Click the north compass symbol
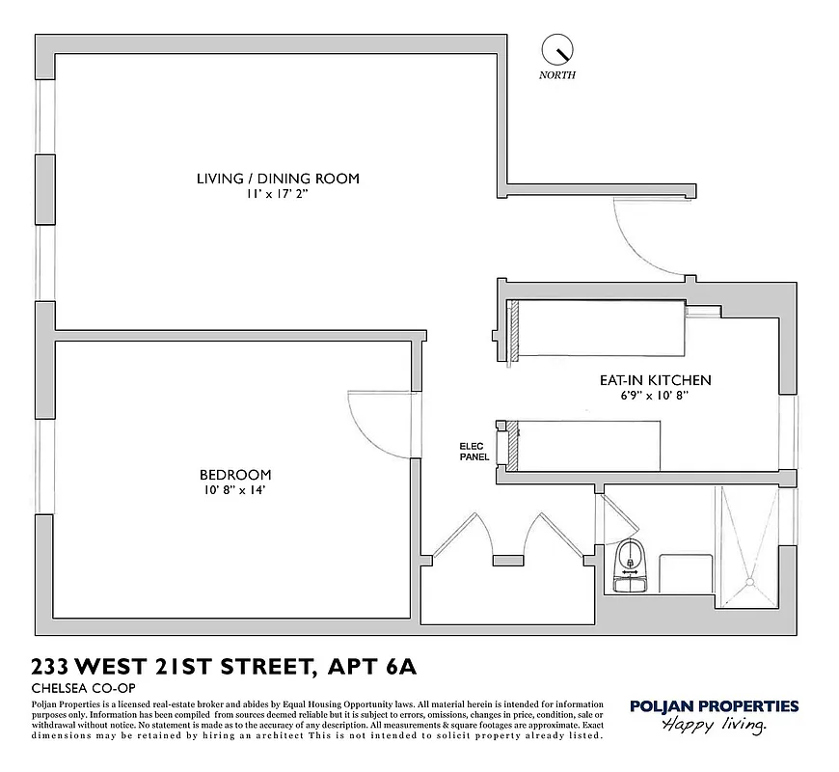coord(557,48)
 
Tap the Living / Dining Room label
coord(278,179)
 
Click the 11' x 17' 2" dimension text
coord(278,194)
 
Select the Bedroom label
coord(235,475)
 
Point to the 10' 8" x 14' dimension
coord(234,490)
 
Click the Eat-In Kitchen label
coord(655,380)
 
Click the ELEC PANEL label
coord(474,452)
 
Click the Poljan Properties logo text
coord(714,706)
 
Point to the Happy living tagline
coord(714,726)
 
